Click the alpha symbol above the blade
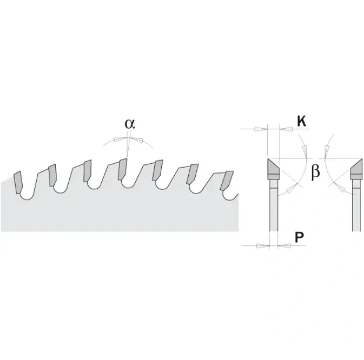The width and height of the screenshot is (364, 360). tap(130, 124)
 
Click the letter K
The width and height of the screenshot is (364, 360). tap(301, 121)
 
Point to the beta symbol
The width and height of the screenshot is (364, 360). tap(316, 172)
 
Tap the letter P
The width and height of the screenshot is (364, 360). tap(300, 237)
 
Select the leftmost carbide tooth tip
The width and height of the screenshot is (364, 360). tap(18, 182)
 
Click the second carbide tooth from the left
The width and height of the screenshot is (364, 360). tap(52, 175)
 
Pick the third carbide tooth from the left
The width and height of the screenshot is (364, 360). tap(87, 171)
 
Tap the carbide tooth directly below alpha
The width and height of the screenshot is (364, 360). tap(123, 169)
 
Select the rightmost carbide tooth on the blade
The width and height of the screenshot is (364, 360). tap(227, 181)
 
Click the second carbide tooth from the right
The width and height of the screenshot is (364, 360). tap(193, 174)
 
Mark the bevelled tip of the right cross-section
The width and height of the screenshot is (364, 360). tap(356, 167)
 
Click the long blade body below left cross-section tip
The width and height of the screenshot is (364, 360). tap(274, 205)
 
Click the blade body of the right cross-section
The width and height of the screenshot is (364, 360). tap(356, 205)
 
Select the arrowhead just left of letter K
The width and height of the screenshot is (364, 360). tap(286, 129)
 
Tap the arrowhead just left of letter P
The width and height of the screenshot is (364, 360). tap(284, 245)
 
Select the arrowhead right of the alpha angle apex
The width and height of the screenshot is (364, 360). tap(136, 140)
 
